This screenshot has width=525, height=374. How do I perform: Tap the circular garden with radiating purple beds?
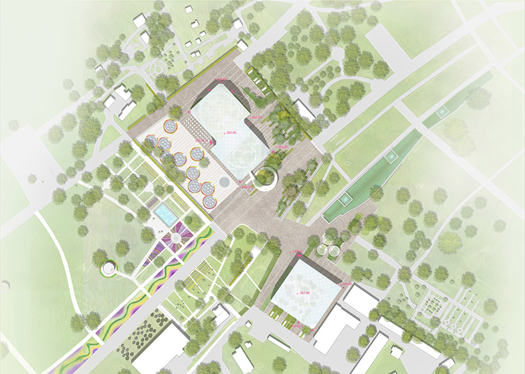coord(173,239)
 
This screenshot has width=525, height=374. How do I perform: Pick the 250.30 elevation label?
coord(282,148)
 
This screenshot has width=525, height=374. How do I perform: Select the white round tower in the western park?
coord(108,268)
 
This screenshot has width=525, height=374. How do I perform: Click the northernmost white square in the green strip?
coord(442,112)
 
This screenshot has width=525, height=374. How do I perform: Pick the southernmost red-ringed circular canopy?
coord(209,202)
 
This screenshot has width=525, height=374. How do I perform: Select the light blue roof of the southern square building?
coord(302,295)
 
